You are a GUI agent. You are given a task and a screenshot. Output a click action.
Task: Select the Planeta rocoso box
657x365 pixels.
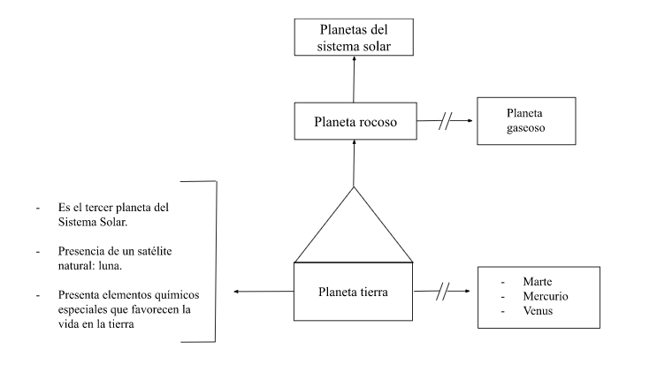tap(354, 122)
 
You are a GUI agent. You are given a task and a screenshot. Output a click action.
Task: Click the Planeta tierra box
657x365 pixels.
tap(354, 290)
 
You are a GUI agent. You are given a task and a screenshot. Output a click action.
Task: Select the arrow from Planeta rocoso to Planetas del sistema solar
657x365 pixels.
tap(354, 80)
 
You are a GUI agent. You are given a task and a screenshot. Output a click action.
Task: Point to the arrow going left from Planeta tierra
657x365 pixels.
tap(261, 290)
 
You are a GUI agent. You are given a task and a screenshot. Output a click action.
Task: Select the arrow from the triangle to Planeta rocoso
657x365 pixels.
tap(354, 163)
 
